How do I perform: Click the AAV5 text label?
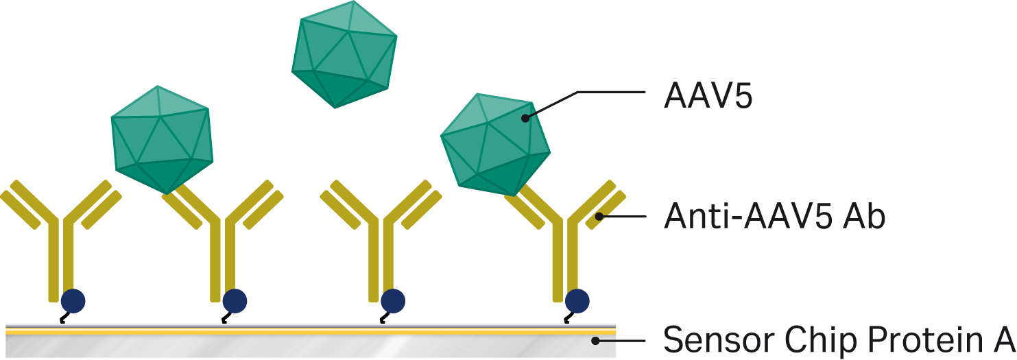(x=708, y=98)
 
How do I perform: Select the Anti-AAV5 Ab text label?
(x=775, y=217)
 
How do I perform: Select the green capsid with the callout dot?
(x=494, y=141)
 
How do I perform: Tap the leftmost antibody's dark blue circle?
(x=73, y=300)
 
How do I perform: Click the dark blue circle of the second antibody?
(x=234, y=300)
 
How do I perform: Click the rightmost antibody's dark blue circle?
(x=577, y=300)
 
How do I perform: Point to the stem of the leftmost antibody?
(x=58, y=261)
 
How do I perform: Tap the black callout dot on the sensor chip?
(x=597, y=340)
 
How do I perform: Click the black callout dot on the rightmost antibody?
(x=599, y=217)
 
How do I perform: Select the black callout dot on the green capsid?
(x=525, y=118)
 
